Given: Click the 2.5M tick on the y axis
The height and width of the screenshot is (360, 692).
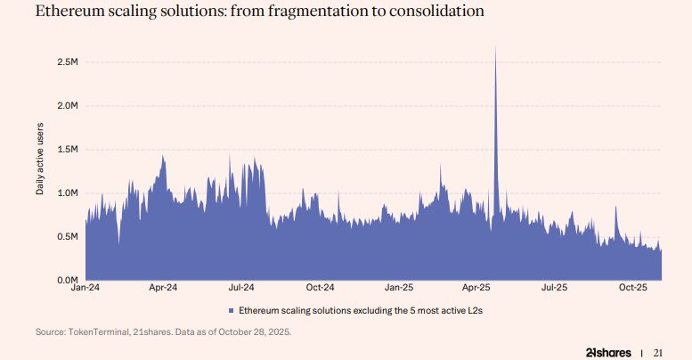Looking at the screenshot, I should pos(68,61).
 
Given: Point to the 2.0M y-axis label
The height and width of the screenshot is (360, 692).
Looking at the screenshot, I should pos(68,105).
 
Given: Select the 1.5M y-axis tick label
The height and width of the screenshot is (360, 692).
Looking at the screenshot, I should pos(68,149).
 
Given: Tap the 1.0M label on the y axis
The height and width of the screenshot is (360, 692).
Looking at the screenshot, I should pos(68,192).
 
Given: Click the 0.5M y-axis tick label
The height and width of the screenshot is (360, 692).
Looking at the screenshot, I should pos(68,236).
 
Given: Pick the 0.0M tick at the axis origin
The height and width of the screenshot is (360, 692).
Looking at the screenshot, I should pos(68,280).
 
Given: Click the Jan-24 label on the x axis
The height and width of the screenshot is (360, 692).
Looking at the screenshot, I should pos(85,288).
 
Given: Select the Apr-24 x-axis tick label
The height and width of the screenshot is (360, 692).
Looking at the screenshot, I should pos(163,288).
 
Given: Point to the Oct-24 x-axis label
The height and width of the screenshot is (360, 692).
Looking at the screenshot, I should pos(320,288).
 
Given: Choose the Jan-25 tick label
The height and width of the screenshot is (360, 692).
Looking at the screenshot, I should pos(399,288).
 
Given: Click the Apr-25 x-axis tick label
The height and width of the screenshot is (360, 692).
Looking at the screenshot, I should pos(476,288).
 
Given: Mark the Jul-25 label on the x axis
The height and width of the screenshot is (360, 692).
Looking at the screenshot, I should pos(554,288).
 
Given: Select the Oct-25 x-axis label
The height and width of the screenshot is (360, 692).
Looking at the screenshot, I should pos(632,288).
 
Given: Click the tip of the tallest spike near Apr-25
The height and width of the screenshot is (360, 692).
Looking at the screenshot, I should pos(495,46).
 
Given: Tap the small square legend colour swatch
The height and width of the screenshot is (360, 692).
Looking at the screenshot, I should pos(231,310).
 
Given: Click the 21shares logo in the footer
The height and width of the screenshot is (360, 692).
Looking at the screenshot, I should pos(608,351).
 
